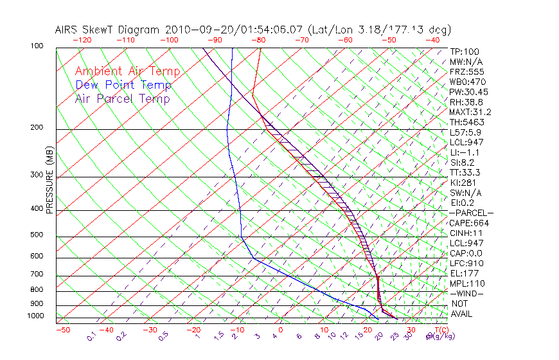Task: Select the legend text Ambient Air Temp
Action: point(127,71)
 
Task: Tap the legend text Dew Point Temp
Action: point(123,85)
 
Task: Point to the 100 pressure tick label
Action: point(36,46)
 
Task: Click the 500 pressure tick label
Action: point(36,235)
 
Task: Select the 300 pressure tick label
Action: point(36,175)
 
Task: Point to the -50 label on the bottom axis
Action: point(62,330)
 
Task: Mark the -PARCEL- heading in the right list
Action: point(471,213)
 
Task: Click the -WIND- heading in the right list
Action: point(467,293)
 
